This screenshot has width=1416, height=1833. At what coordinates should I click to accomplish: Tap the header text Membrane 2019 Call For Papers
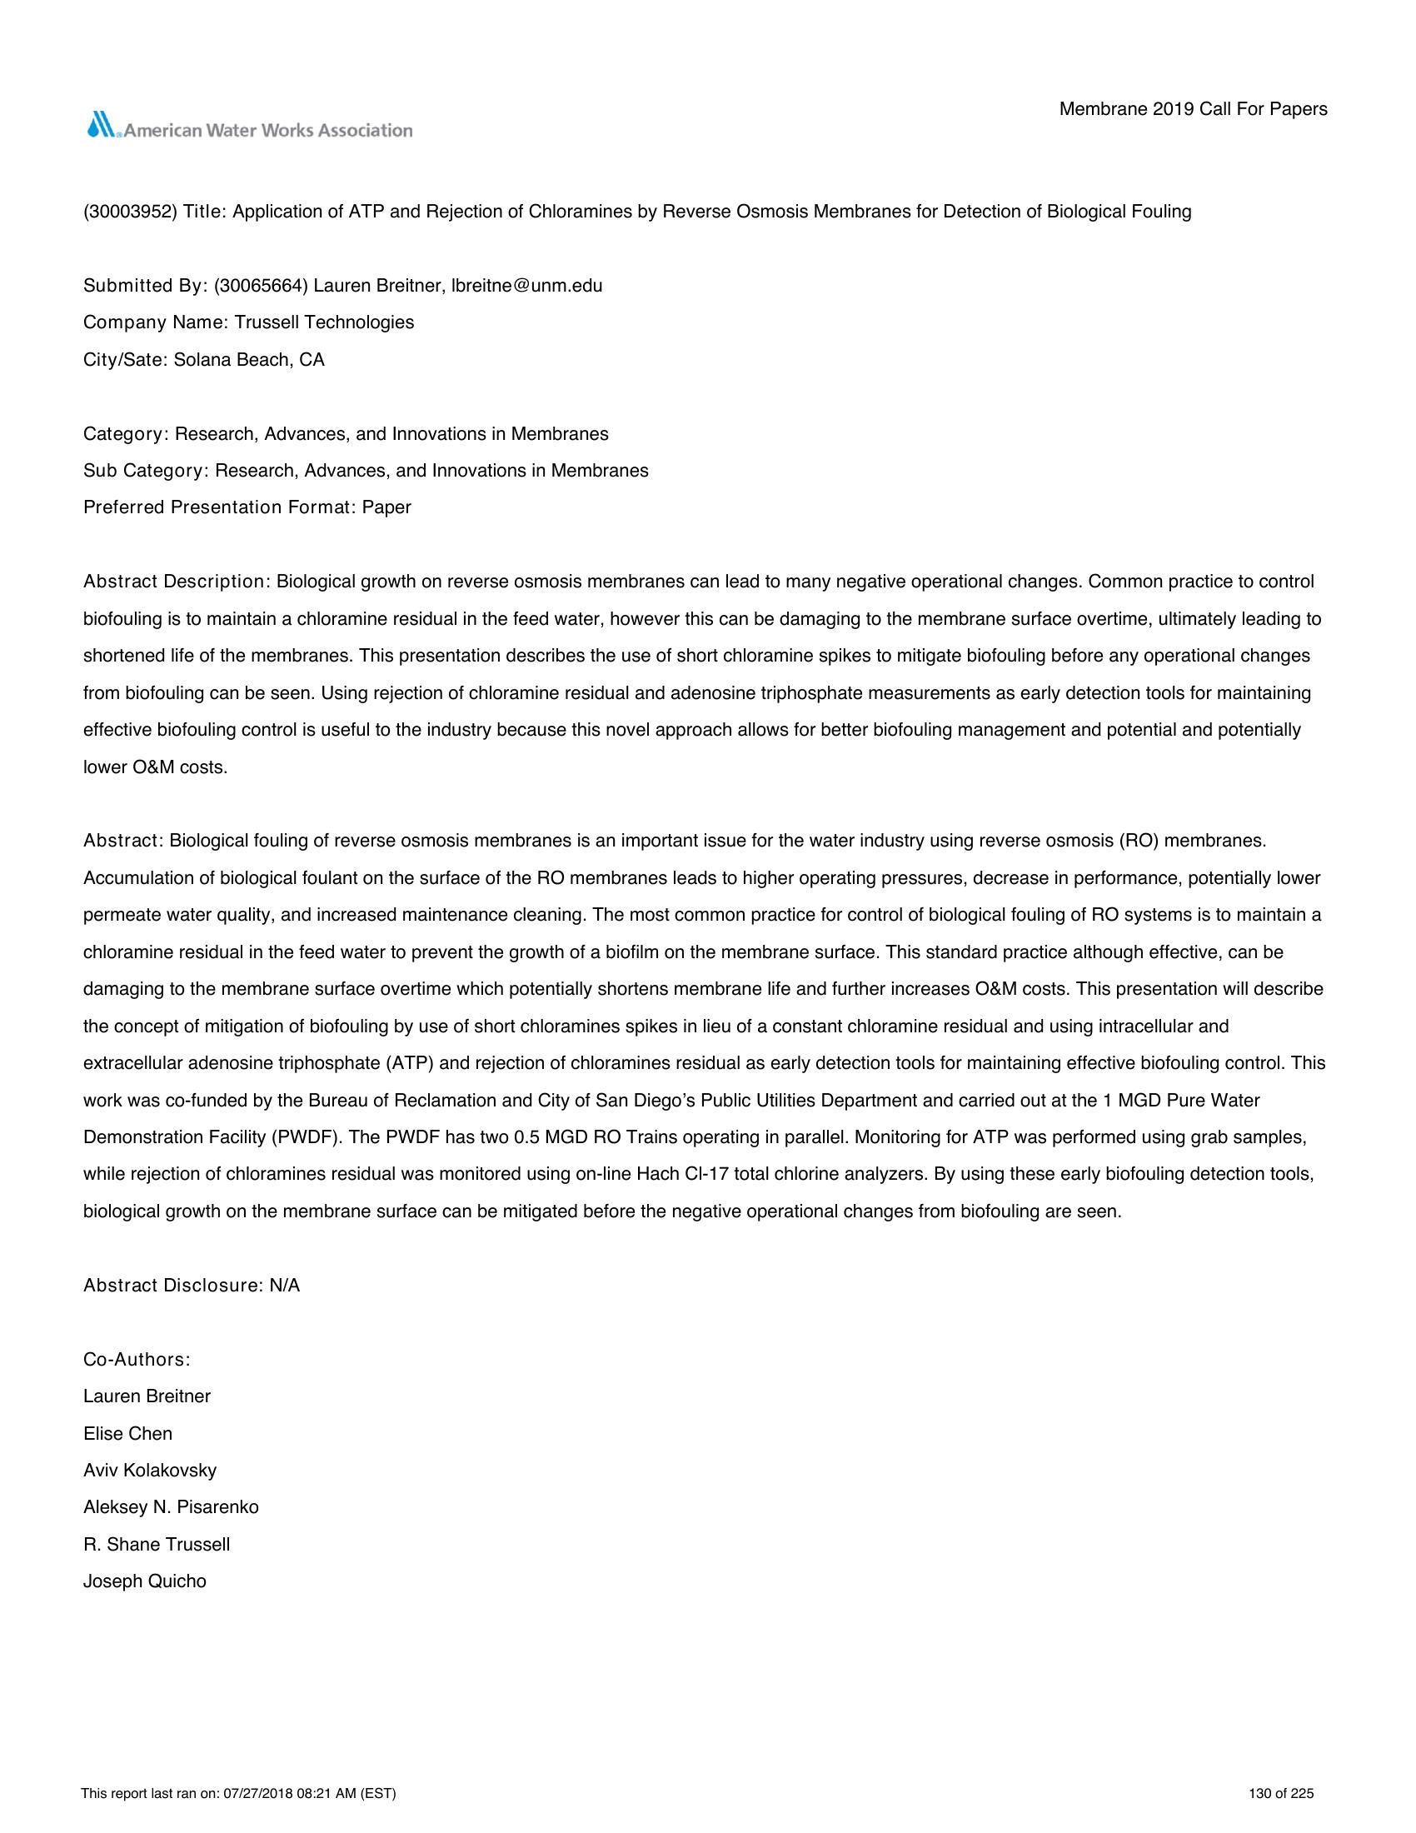click(1193, 109)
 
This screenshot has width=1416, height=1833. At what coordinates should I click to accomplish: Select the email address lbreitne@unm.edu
click(526, 285)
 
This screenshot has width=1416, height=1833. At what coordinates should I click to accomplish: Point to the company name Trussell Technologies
click(324, 322)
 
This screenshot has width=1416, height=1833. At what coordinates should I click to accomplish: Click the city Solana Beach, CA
click(249, 360)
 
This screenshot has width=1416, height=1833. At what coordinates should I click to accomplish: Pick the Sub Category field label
click(145, 471)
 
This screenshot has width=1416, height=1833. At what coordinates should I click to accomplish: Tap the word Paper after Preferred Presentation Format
click(386, 507)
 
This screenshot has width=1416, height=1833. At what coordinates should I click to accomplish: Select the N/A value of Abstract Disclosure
click(284, 1286)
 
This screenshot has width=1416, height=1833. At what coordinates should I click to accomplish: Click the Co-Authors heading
click(137, 1360)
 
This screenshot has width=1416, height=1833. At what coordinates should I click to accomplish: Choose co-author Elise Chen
click(127, 1434)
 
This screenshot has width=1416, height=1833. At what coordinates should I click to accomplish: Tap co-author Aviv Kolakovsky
click(150, 1471)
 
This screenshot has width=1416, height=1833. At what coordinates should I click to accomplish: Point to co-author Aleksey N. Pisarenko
click(171, 1507)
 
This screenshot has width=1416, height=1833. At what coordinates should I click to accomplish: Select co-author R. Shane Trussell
click(157, 1544)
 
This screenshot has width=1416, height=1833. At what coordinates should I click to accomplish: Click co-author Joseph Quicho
click(145, 1581)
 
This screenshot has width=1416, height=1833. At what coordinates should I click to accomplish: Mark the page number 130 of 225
click(1281, 1795)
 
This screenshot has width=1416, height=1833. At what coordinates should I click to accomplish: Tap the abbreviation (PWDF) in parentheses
click(303, 1137)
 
